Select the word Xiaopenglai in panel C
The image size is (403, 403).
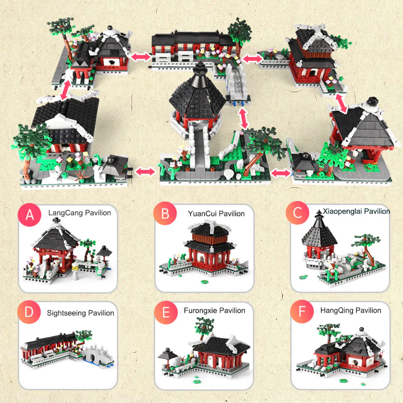[341, 212]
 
